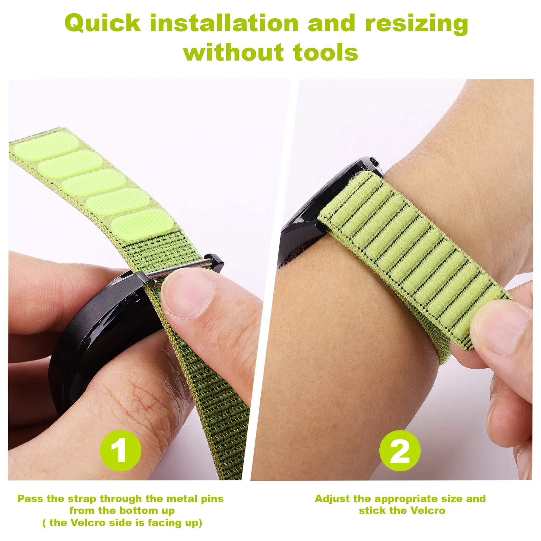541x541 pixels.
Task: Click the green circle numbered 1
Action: [120, 450]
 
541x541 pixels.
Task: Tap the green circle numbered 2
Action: [400, 450]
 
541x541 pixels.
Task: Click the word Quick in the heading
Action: [102, 24]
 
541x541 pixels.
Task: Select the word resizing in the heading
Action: [417, 24]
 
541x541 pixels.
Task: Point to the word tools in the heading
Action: [326, 53]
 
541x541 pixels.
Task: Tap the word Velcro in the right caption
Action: [427, 511]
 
